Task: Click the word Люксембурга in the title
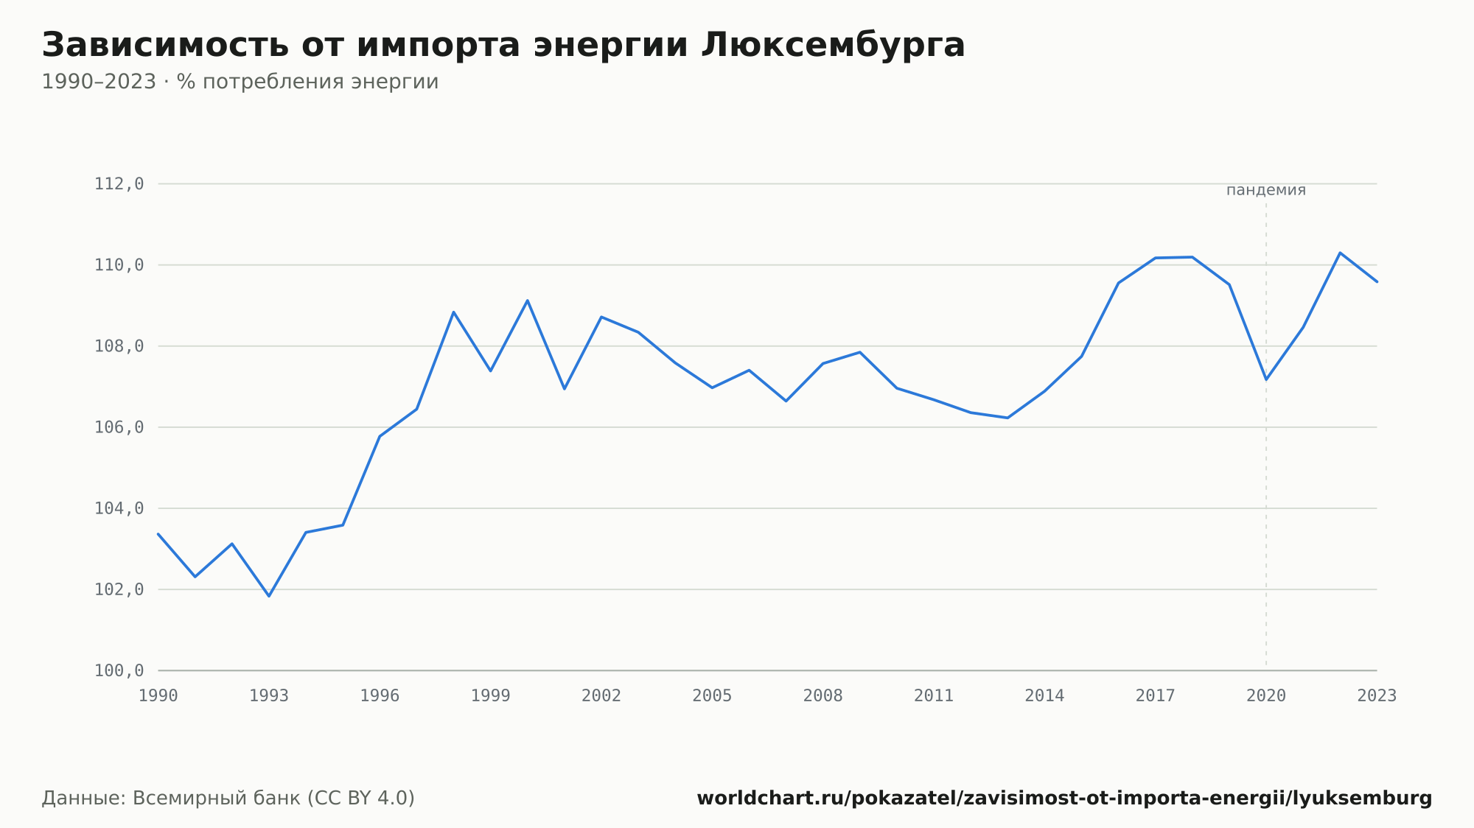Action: pos(833,46)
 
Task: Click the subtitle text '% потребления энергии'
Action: pos(307,82)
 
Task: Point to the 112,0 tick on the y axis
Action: pos(119,184)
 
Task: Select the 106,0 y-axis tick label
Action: pos(119,427)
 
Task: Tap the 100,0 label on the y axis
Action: pos(119,670)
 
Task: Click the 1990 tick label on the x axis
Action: pos(158,696)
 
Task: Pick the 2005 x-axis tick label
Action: pos(712,696)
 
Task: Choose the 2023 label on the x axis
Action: pos(1377,696)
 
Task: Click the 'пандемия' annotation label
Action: pos(1266,190)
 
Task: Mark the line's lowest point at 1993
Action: pos(269,596)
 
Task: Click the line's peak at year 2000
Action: pos(528,301)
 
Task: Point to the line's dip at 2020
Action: pos(1266,379)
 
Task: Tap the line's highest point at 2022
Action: pos(1340,253)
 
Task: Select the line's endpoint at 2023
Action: pos(1377,281)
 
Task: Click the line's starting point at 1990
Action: pos(158,534)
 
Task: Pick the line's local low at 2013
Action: pos(1007,418)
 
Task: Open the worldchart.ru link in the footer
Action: pos(1064,799)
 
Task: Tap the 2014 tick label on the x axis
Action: pos(1044,696)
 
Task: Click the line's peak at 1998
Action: pos(454,312)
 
